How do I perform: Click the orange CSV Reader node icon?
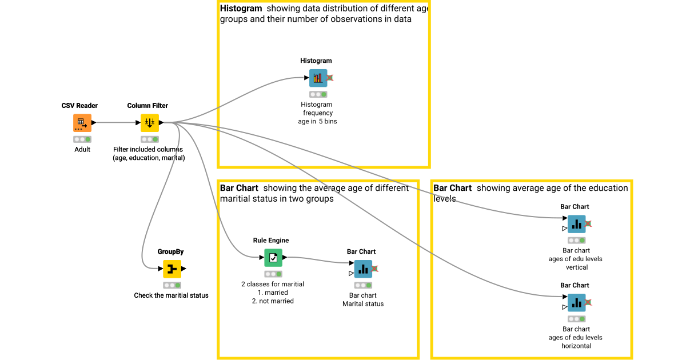point(82,123)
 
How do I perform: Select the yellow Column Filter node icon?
point(149,123)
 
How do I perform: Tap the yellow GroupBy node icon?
point(171,269)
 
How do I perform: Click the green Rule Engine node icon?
point(273,258)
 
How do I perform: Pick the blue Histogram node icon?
point(318,78)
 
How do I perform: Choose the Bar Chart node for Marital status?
point(362,269)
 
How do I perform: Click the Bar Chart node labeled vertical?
point(576,224)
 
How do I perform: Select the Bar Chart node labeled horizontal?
point(576,302)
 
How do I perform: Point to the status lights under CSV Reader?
point(82,139)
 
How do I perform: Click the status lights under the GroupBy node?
point(171,285)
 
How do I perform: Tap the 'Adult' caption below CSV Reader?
point(82,150)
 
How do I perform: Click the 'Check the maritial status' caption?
point(171,295)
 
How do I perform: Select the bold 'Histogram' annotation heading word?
point(241,9)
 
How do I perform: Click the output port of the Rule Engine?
point(285,258)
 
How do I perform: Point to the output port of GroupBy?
point(184,269)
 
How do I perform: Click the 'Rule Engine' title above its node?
point(271,241)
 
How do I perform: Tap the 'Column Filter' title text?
point(147,106)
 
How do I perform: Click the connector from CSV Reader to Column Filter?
point(117,122)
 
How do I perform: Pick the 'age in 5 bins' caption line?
point(317,121)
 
